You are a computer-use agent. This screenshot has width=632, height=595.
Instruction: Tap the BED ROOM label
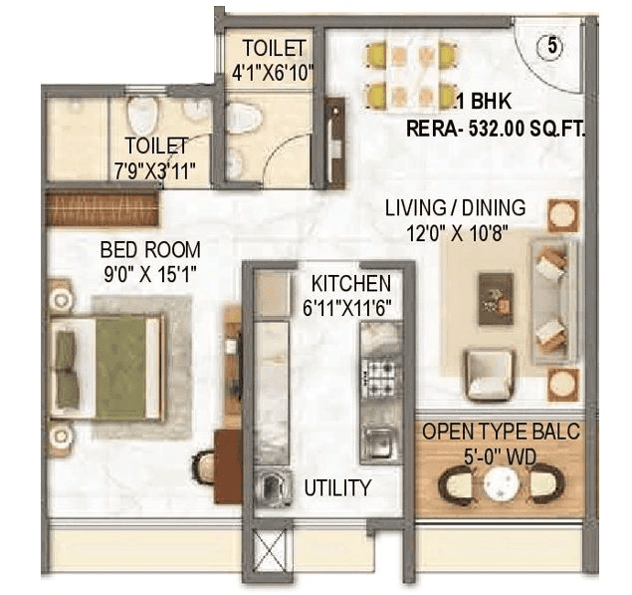pos(149,249)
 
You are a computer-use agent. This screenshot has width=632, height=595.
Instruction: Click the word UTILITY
pos(337,488)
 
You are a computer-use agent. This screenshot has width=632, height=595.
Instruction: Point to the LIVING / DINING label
pos(456,208)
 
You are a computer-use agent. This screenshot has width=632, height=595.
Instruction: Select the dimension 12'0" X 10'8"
pos(456,232)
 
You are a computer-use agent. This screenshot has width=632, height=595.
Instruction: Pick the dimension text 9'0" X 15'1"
pos(149,272)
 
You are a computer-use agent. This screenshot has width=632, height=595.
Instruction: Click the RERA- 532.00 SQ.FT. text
pos(496,128)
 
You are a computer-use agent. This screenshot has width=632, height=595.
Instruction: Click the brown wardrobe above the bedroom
pos(103,209)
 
